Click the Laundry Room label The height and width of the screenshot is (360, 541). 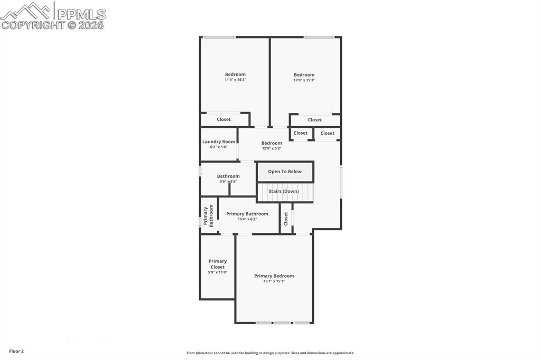(x=219, y=141)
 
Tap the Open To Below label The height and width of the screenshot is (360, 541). (x=285, y=172)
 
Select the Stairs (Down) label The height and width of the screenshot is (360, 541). (x=284, y=191)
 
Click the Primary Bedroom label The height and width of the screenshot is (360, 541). (x=274, y=276)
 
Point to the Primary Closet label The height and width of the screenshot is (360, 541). (x=217, y=264)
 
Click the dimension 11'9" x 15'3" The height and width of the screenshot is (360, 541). (x=235, y=80)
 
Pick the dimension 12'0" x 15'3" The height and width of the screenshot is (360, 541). (x=304, y=80)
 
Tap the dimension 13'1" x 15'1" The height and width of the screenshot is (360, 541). (x=274, y=281)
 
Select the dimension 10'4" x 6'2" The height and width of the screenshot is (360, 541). (x=247, y=219)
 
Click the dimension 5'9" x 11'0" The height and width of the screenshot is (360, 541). (x=217, y=272)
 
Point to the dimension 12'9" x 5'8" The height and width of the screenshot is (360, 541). (x=272, y=148)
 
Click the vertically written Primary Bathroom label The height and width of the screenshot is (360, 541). (x=209, y=215)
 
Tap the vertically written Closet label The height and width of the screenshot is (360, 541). (x=286, y=219)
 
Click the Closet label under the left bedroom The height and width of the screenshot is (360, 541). (x=223, y=119)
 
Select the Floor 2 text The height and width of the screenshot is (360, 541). (x=16, y=351)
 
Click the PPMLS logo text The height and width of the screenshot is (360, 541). (x=81, y=13)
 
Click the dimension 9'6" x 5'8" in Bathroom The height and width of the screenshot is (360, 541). (x=228, y=182)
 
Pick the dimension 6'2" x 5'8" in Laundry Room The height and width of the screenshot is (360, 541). (x=218, y=147)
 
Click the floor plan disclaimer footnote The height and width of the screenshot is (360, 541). (x=270, y=353)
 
